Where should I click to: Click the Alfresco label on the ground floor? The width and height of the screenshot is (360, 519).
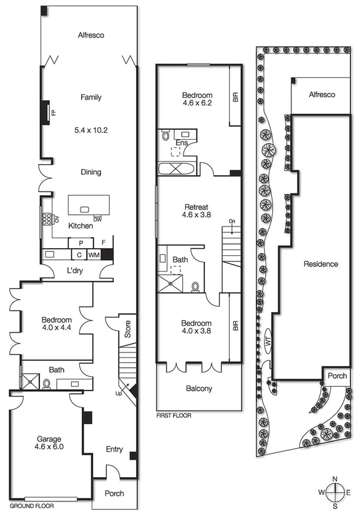pos(91,36)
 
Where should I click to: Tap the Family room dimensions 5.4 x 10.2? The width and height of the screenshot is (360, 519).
pos(91,130)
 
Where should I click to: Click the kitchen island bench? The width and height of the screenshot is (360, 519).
pos(89,205)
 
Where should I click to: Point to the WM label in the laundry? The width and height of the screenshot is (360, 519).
pos(94,255)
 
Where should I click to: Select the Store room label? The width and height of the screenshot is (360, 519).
pos(127,329)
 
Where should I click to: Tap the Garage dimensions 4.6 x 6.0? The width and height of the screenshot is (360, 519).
pos(49,447)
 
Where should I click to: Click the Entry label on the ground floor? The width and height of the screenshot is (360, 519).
pos(114,449)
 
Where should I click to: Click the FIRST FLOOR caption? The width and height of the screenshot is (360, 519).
pos(174,415)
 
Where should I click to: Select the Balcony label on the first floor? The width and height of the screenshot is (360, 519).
pos(199,389)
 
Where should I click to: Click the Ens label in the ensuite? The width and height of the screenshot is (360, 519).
pos(182,142)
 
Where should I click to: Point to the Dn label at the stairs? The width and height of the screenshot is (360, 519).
pos(231,221)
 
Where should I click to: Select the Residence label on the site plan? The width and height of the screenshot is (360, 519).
pos(321,264)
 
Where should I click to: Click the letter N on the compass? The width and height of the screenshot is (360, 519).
pos(335,479)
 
